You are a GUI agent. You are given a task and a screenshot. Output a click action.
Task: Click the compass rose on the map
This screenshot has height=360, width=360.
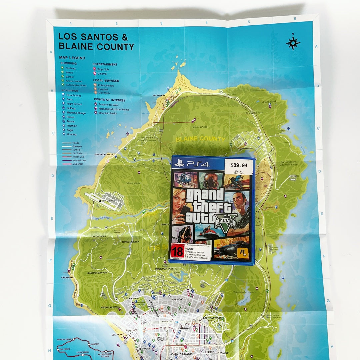coord(293,43)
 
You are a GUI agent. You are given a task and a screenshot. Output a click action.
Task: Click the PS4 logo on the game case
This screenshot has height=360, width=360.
coord(191,164)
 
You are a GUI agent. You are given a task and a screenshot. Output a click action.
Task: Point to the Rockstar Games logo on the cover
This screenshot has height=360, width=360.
coord(242,254)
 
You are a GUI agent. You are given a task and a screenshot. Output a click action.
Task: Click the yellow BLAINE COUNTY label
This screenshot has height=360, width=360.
coord(200,139)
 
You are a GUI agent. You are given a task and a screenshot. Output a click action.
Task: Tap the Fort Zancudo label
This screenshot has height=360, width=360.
coord(109,201)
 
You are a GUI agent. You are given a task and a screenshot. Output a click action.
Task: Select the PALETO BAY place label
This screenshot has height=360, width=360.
coord(159,96)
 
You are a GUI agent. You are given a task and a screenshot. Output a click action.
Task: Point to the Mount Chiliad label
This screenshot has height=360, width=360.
coord(200,127)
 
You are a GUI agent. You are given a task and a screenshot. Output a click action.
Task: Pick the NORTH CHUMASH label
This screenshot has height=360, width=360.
coord(104,155)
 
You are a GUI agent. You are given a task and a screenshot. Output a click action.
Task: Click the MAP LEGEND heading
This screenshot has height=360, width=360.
coord(72,58)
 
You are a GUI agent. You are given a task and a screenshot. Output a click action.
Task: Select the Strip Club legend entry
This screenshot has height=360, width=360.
coord(103,69)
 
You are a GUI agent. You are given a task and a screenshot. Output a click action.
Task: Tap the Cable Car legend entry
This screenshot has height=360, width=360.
coord(77,164)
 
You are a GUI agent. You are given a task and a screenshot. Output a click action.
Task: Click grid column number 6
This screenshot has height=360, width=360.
coord(295,19)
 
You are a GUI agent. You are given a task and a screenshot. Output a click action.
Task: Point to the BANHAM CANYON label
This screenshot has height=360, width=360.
coord(97,273)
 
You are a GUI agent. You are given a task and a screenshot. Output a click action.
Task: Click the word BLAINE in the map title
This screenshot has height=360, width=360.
coord(77,47)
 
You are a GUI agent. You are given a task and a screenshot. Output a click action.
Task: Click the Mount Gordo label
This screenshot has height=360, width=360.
coord(269,102)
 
